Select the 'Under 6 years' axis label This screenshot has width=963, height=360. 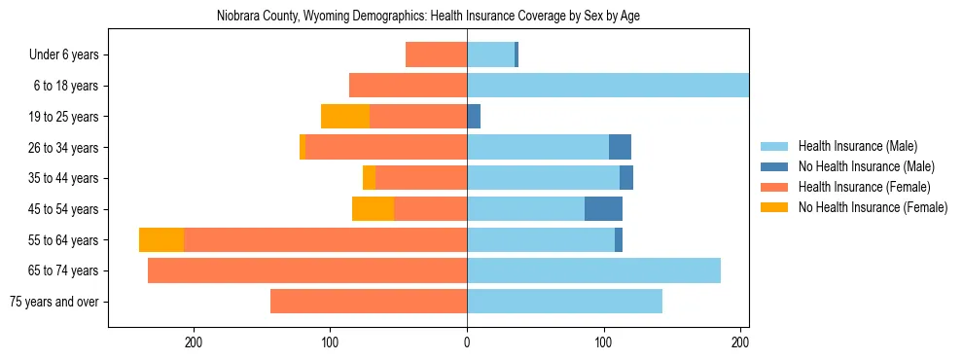click(x=69, y=54)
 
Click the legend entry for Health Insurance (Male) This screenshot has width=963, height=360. click(x=857, y=146)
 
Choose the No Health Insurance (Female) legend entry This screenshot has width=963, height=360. click(x=873, y=207)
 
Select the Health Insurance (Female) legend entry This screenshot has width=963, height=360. click(x=864, y=187)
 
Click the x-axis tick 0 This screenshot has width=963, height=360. click(x=467, y=342)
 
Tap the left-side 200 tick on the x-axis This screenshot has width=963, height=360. click(x=194, y=342)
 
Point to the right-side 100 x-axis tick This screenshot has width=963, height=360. click(x=604, y=342)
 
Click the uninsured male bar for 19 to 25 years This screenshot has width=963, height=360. click(x=474, y=117)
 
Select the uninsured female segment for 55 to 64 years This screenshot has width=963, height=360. click(x=161, y=240)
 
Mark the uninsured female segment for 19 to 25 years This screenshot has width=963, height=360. click(x=345, y=117)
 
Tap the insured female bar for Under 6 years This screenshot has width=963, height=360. click(x=436, y=54)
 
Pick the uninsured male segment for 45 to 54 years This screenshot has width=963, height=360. click(x=603, y=209)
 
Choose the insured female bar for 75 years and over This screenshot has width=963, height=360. click(x=369, y=302)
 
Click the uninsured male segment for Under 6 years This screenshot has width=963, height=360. click(x=517, y=54)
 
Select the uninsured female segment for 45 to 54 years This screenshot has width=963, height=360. click(x=373, y=209)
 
